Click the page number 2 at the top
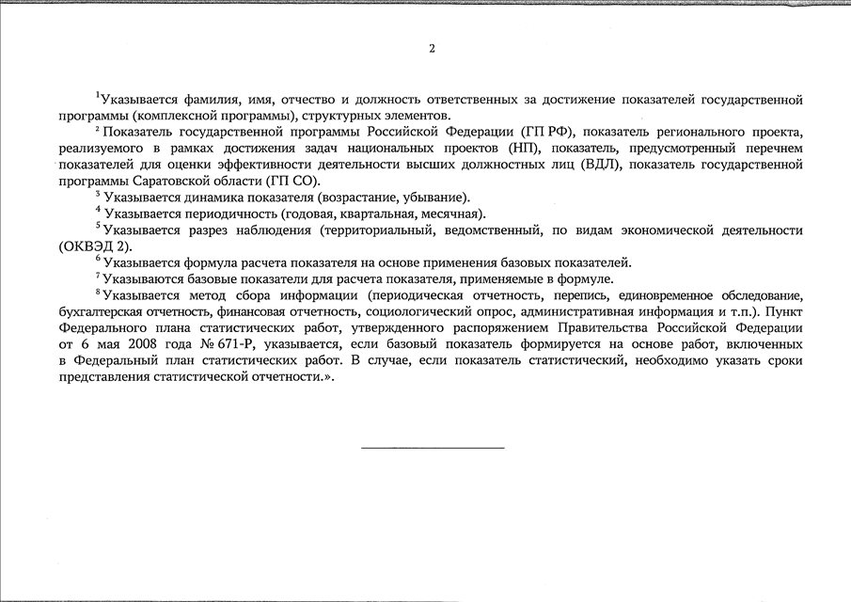tap(432, 48)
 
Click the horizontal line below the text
tap(432, 448)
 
